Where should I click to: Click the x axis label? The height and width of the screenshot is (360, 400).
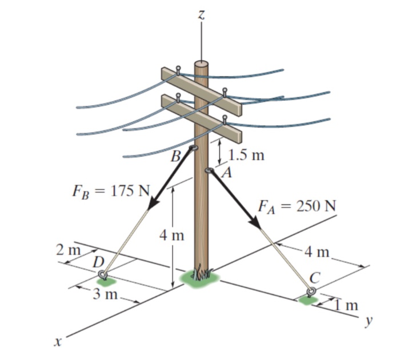point(56,342)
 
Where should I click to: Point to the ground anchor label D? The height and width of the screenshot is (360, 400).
point(98,262)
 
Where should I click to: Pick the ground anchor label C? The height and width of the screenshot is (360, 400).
point(314,278)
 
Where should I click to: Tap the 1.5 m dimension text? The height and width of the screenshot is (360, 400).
point(245,155)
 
